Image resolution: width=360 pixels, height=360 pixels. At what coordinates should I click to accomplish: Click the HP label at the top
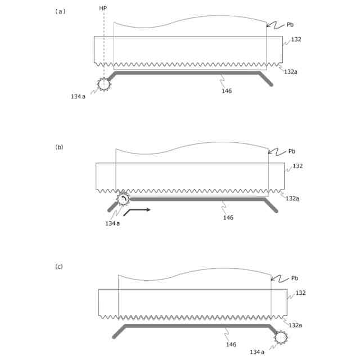tap(103, 8)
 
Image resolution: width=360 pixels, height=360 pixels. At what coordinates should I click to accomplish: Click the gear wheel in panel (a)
tap(103, 84)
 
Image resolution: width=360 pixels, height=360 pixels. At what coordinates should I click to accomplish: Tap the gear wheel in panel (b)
tap(123, 199)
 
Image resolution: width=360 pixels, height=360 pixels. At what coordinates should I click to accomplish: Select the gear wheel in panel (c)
tap(280, 337)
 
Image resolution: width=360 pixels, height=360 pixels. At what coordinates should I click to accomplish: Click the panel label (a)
tap(60, 11)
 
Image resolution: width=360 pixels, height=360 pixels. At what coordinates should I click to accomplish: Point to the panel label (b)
tap(59, 147)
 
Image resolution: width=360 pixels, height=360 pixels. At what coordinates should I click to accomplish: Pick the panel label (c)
tap(59, 267)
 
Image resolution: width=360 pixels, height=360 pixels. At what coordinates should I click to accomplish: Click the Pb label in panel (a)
tap(290, 25)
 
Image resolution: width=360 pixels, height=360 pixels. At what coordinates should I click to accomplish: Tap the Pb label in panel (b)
tap(291, 151)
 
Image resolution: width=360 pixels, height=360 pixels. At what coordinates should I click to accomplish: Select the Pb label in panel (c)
tap(294, 278)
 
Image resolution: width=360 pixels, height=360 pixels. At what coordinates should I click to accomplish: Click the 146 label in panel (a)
tap(227, 91)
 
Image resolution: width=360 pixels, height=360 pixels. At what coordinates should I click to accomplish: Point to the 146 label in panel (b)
tap(228, 218)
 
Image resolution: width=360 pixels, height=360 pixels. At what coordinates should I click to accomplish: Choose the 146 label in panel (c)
tap(231, 344)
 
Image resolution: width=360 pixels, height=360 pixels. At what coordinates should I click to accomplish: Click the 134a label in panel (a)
tap(78, 97)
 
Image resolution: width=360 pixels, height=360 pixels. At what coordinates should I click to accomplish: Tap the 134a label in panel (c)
tap(257, 352)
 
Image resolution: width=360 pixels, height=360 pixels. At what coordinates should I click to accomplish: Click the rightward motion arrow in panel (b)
tap(137, 211)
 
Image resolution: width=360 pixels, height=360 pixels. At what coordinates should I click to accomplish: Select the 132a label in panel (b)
tap(292, 199)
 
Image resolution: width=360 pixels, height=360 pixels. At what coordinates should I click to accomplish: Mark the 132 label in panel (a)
tap(296, 40)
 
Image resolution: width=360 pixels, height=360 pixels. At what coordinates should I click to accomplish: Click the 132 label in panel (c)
tap(300, 293)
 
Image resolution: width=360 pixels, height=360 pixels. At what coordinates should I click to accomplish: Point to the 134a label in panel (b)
tap(112, 223)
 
